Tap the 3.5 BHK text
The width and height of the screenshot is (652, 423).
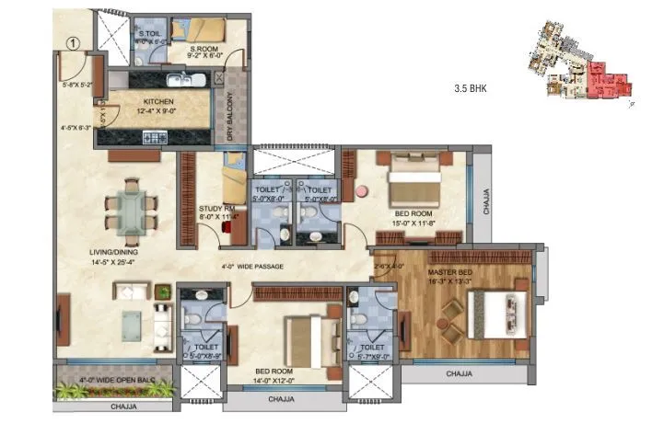point(470,89)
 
